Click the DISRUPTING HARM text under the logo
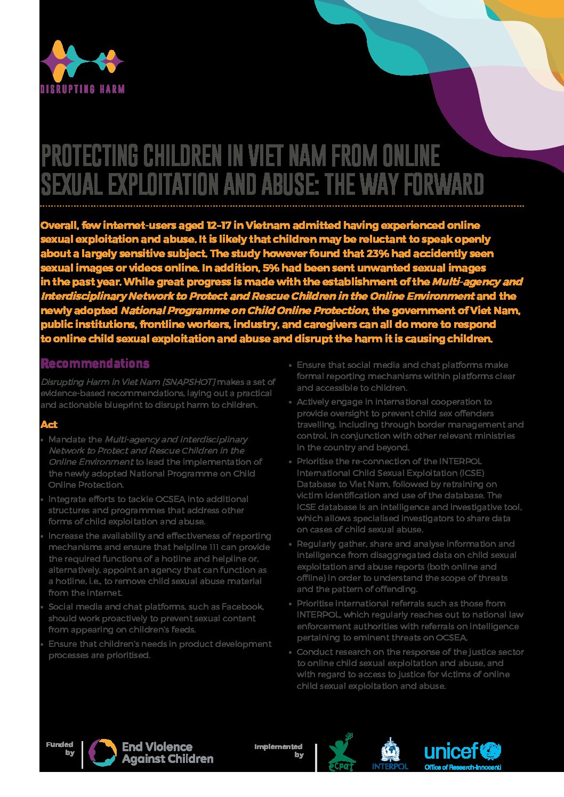click(82, 89)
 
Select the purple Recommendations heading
click(95, 364)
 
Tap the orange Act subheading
click(49, 424)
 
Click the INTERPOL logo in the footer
click(390, 754)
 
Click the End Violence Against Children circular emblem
click(102, 753)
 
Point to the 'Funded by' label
click(60, 749)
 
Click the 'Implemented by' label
click(279, 750)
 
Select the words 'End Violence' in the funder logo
click(157, 747)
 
